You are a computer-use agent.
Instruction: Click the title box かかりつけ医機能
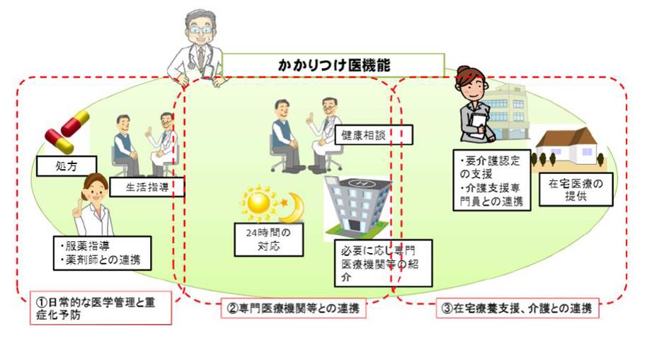(x=333, y=64)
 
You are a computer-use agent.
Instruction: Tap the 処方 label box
(x=65, y=167)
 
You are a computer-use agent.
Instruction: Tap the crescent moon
(x=292, y=207)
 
